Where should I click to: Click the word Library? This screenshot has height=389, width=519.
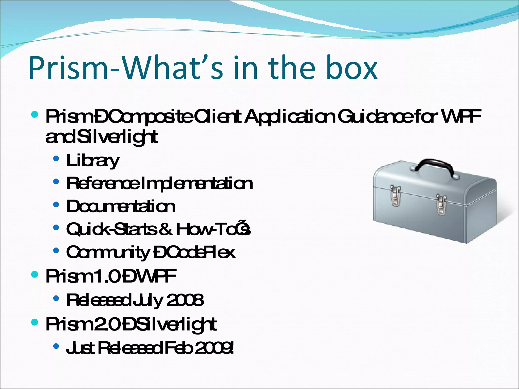[x=92, y=161]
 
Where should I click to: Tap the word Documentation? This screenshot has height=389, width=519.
[x=121, y=206]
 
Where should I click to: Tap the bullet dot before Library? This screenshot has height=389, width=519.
[x=56, y=159]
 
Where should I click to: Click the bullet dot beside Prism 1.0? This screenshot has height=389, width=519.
[x=34, y=274]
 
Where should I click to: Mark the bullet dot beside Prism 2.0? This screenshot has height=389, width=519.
[x=34, y=322]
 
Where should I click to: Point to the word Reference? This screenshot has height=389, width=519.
[x=103, y=183]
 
